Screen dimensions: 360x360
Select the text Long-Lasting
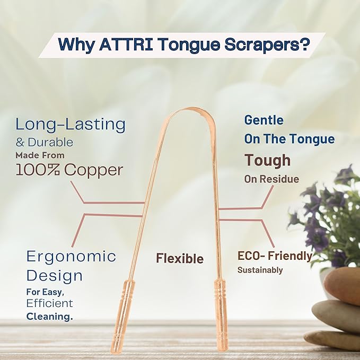tap(71, 125)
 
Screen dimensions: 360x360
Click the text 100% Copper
tap(69, 170)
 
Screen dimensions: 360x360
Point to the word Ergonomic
tap(71, 257)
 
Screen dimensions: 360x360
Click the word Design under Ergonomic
tap(55, 276)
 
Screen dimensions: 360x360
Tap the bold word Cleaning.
tap(49, 316)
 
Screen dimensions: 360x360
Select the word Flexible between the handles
tap(180, 258)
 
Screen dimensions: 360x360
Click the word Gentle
tap(264, 120)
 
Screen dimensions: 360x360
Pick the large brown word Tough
tap(267, 160)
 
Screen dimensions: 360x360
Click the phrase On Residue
tap(271, 179)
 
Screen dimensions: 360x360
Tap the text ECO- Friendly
tap(275, 256)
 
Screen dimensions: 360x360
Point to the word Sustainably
tap(260, 270)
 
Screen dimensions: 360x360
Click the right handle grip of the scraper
tap(222, 313)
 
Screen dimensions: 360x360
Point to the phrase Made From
tap(40, 155)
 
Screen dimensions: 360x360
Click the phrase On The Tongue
tap(289, 139)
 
